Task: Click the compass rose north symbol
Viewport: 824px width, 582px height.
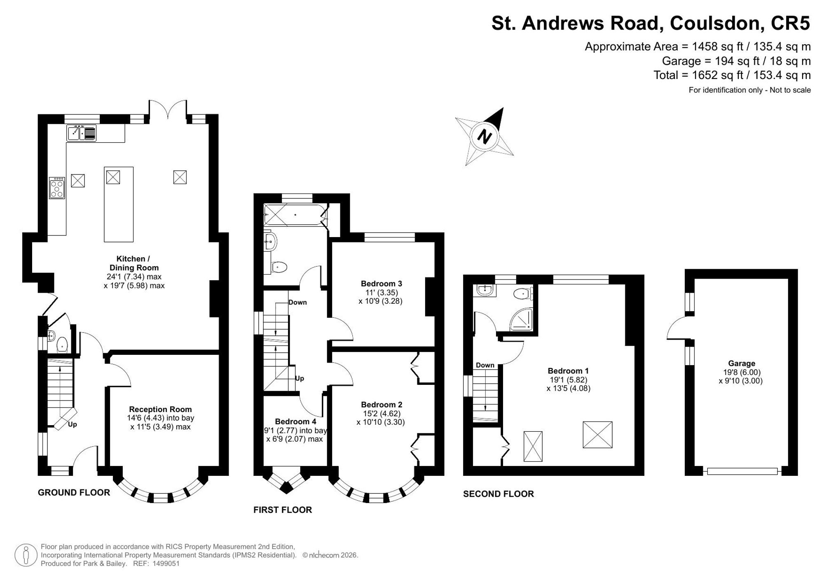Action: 484,136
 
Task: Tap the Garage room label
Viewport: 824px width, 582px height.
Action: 742,363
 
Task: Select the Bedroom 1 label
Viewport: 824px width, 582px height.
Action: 568,371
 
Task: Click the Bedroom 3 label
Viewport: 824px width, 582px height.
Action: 381,284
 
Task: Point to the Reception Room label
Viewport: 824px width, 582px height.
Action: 160,409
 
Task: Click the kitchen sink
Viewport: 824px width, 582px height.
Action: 82,133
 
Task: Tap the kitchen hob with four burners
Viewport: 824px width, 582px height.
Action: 57,188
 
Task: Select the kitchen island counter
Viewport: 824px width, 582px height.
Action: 119,204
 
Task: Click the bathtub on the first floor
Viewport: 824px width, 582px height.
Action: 295,214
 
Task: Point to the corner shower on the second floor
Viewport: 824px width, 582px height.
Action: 522,319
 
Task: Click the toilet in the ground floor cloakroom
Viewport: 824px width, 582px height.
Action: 62,345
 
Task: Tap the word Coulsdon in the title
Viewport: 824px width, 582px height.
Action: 714,23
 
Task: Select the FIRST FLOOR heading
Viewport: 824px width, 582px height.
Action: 283,510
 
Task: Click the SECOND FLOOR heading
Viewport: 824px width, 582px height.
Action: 499,494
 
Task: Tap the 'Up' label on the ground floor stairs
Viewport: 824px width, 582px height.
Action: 72,424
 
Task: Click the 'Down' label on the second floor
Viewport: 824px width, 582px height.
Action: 485,365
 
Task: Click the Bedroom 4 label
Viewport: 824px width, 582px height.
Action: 295,421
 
